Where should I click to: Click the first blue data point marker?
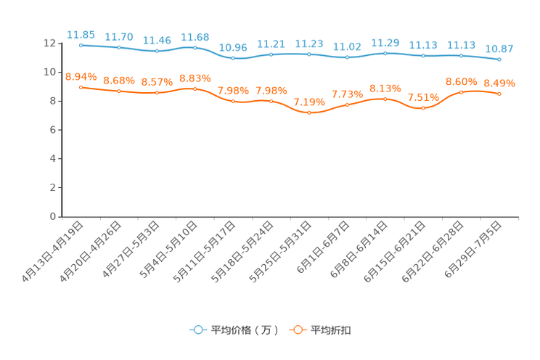pyautogui.click(x=81, y=45)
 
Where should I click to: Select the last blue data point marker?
pyautogui.click(x=499, y=59)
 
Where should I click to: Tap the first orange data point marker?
pyautogui.click(x=81, y=86)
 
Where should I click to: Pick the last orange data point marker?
pyautogui.click(x=499, y=94)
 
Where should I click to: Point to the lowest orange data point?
pyautogui.click(x=309, y=112)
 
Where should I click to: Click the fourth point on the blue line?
pyautogui.click(x=195, y=47)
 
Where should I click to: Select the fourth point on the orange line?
pyautogui.click(x=195, y=89)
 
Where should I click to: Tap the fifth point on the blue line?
pyautogui.click(x=233, y=58)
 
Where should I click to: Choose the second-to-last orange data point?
pyautogui.click(x=462, y=92)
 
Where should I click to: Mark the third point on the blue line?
pyautogui.click(x=157, y=51)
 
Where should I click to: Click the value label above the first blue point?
pyautogui.click(x=81, y=34)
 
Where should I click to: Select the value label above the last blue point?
pyautogui.click(x=499, y=48)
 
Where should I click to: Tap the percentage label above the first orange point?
pyautogui.click(x=81, y=75)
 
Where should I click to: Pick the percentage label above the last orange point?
pyautogui.click(x=499, y=83)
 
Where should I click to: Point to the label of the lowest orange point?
pyautogui.click(x=309, y=102)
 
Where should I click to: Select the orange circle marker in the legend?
pyautogui.click(x=297, y=330)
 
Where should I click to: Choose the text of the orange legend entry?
pyautogui.click(x=332, y=330)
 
